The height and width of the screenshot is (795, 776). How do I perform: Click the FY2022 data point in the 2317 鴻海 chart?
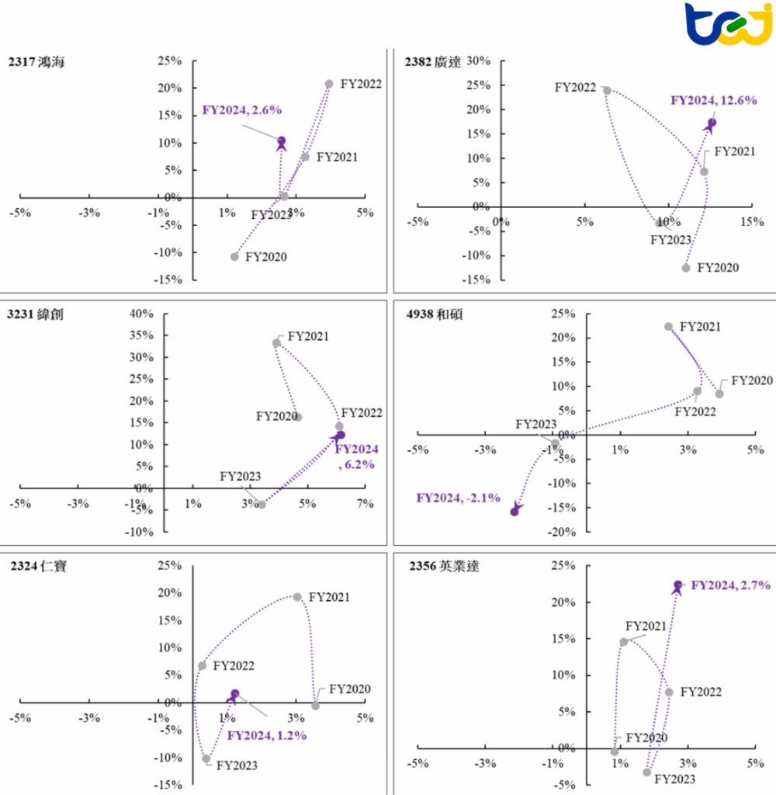pyautogui.click(x=329, y=84)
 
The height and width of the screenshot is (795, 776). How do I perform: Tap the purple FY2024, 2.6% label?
pyautogui.click(x=241, y=110)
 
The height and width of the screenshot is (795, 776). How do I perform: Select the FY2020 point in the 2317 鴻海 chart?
pyautogui.click(x=234, y=256)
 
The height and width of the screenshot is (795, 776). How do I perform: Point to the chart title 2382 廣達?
pyautogui.click(x=432, y=63)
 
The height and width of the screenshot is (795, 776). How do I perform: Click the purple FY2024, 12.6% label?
pyautogui.click(x=713, y=100)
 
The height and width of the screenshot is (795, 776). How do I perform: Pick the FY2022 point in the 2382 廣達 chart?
pyautogui.click(x=607, y=90)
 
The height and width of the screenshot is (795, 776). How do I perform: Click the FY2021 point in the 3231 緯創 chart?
pyautogui.click(x=276, y=342)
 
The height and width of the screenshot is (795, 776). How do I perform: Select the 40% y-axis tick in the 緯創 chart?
pyautogui.click(x=142, y=314)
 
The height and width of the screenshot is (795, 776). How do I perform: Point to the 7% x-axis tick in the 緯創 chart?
pyautogui.click(x=365, y=504)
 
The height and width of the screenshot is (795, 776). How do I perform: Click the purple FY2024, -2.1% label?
pyautogui.click(x=458, y=498)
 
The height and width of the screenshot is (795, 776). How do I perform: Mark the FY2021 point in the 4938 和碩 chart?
pyautogui.click(x=668, y=327)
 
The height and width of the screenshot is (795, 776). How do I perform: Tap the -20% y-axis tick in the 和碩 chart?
pyautogui.click(x=559, y=532)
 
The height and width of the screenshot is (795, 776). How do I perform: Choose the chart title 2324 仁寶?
pyautogui.click(x=38, y=567)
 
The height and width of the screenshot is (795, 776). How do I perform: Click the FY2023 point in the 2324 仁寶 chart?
pyautogui.click(x=206, y=759)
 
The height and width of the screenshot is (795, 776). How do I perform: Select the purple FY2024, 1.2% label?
pyautogui.click(x=267, y=735)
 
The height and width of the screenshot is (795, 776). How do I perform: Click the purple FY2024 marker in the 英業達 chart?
pyautogui.click(x=677, y=585)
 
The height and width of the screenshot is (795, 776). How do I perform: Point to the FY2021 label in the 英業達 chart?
pyautogui.click(x=646, y=626)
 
